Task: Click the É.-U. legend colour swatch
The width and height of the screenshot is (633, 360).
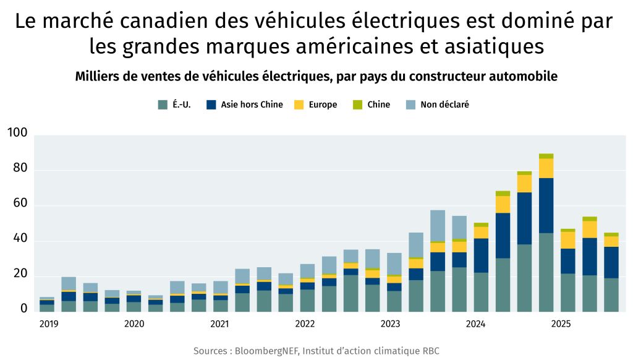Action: (x=163, y=105)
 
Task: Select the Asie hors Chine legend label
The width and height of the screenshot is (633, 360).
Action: (x=252, y=105)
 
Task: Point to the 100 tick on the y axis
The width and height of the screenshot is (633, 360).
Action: (x=17, y=133)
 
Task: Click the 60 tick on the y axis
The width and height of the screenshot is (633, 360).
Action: (x=20, y=203)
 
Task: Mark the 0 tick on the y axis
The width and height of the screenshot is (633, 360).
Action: (x=23, y=308)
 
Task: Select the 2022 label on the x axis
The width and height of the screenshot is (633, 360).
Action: (x=305, y=324)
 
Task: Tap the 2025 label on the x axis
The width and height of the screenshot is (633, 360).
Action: (x=561, y=324)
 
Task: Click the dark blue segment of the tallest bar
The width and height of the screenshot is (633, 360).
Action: (x=546, y=205)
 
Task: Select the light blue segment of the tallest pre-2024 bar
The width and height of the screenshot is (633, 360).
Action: (x=438, y=226)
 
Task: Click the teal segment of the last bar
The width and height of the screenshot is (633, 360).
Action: (x=611, y=294)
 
